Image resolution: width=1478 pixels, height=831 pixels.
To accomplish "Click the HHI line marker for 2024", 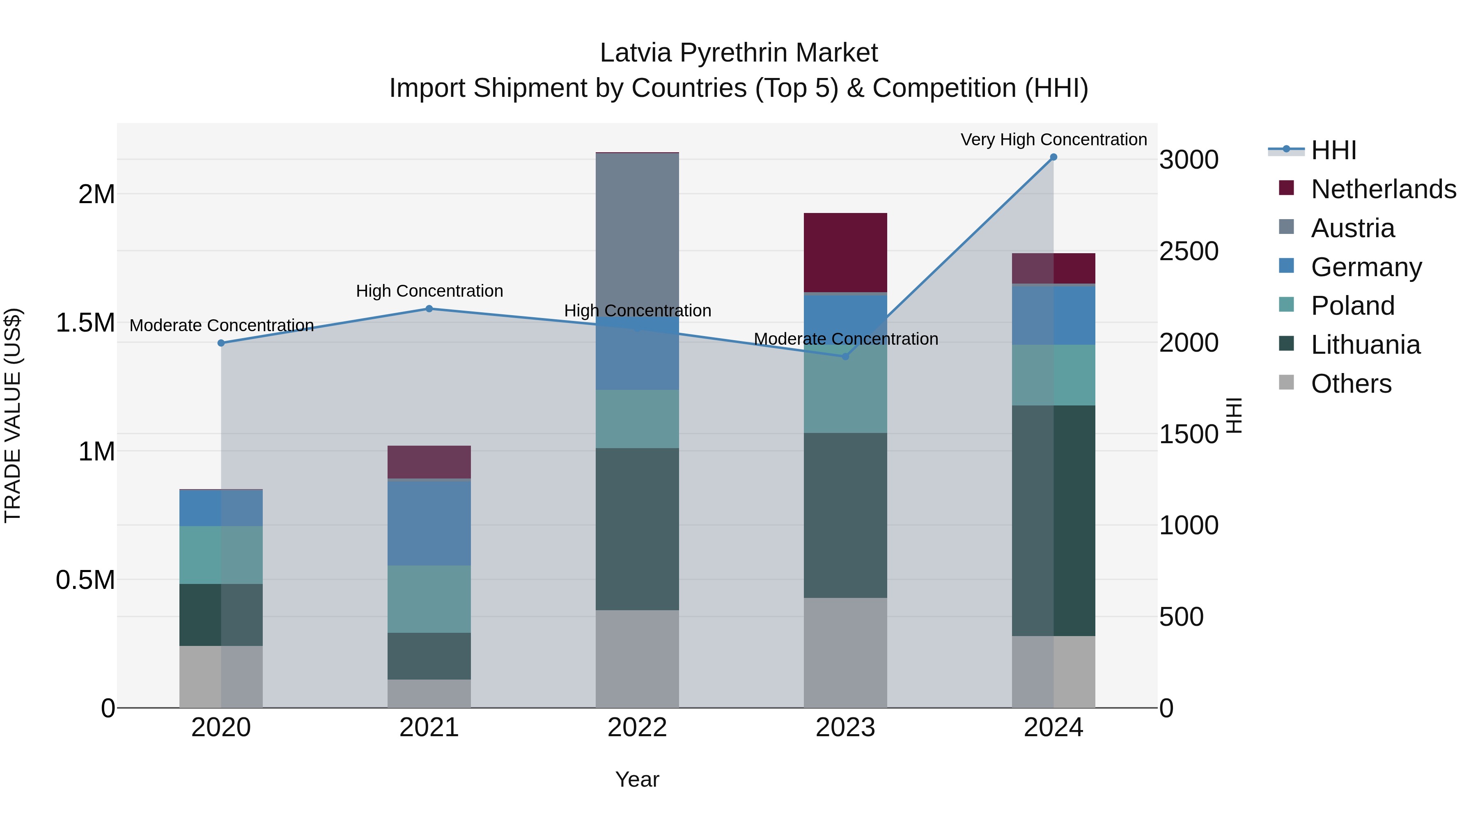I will [x=1053, y=157].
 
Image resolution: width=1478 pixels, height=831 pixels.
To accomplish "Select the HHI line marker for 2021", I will [x=429, y=309].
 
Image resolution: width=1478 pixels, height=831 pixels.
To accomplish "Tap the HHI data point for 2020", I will [x=221, y=343].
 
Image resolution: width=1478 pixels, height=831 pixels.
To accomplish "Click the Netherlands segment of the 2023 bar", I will [x=845, y=252].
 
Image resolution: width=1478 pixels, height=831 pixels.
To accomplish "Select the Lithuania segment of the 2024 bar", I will [x=1053, y=520].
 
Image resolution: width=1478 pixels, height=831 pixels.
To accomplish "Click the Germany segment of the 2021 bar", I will [x=429, y=523].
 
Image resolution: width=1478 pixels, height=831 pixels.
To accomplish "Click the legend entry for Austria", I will [x=1352, y=228].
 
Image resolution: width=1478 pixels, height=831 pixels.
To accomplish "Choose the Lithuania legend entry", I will [x=1365, y=345].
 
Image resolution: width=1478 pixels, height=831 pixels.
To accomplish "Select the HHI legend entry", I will [x=1333, y=150].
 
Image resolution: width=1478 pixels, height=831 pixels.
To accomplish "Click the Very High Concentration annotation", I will [x=1053, y=140].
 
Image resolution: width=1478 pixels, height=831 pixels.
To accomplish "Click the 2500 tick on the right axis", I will [x=1189, y=251].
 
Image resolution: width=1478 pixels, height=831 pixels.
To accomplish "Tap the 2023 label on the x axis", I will [x=845, y=728].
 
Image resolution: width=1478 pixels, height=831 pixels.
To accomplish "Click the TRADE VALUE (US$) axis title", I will [x=13, y=415].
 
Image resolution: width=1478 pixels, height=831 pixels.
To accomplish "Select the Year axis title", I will [x=637, y=779].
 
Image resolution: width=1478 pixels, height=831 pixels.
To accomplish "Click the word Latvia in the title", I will [x=635, y=53].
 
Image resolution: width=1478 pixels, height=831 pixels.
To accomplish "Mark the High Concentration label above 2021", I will [x=429, y=291].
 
